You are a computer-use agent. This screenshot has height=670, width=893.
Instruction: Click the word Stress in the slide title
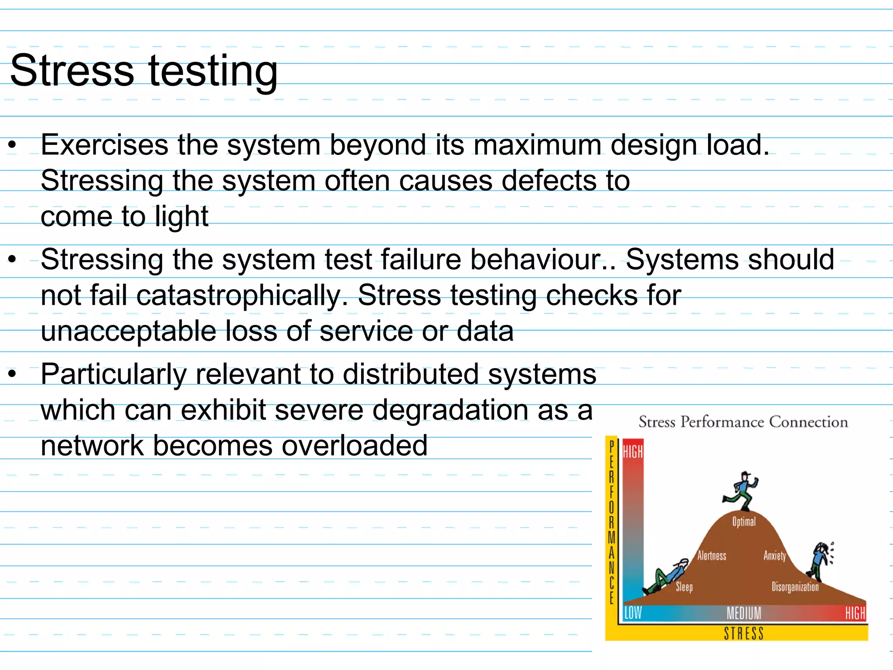point(72,71)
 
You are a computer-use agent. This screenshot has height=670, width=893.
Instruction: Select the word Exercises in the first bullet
point(105,145)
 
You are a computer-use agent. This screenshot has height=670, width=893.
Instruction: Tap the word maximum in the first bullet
point(537,145)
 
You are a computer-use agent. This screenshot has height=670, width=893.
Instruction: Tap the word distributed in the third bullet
point(410,374)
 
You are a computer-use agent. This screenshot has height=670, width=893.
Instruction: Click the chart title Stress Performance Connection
point(743,422)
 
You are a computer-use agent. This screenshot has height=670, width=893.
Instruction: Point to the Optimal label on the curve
point(744,522)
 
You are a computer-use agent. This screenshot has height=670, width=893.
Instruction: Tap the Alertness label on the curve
point(712,555)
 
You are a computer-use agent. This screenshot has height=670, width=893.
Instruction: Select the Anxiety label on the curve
point(774,555)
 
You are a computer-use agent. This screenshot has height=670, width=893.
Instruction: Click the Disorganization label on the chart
point(795,587)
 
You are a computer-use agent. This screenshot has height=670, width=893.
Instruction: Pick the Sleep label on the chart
point(684,587)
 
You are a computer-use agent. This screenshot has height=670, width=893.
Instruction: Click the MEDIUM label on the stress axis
point(744,613)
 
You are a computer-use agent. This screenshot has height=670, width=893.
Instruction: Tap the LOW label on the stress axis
point(633,613)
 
